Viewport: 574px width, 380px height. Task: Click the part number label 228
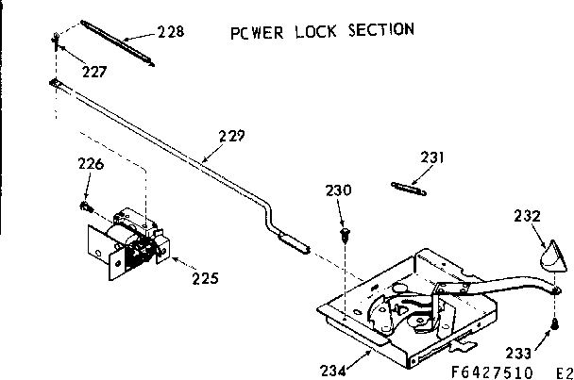[x=170, y=31]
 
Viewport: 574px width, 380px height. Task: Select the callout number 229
[x=231, y=136]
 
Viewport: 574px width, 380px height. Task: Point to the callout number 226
[x=90, y=165]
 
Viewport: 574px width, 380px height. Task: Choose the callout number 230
[x=339, y=190]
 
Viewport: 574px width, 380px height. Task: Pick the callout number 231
[x=432, y=157]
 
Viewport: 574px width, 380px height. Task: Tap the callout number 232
[x=528, y=215]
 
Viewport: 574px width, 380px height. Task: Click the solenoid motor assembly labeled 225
[x=130, y=240]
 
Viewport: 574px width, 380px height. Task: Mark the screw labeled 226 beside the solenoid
[x=86, y=204]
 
